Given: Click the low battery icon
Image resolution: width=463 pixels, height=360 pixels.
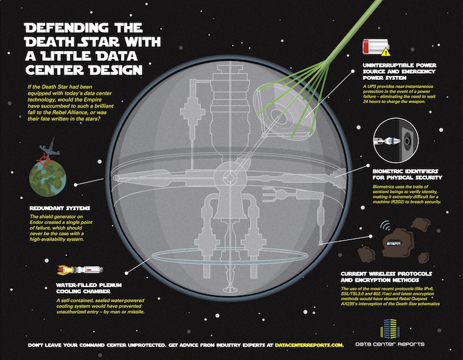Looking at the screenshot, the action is pos(375,46).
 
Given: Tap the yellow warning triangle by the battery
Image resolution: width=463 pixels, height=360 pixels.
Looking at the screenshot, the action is pos(385,52).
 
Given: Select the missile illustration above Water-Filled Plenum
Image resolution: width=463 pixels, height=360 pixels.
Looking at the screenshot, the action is pos(80,270).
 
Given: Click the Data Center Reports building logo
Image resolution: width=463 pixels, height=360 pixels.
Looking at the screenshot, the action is pos(389,328).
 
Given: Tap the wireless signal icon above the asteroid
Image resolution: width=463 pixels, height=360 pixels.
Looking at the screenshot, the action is pos(385,226).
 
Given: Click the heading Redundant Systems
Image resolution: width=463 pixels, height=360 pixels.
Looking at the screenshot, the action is pos(60,208).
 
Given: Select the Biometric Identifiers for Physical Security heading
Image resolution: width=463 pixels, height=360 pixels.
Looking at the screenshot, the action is pos(407,174).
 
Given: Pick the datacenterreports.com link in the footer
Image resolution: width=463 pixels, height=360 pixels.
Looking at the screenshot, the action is pos(309,345).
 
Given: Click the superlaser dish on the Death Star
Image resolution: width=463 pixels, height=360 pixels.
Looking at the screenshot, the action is pos(284,111).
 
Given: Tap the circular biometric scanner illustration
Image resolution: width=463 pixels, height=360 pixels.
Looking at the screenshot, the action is pos(396,140).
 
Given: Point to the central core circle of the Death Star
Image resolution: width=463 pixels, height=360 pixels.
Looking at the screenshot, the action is pos(230,177).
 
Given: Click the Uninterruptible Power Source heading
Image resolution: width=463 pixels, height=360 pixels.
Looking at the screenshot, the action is pos(399,71).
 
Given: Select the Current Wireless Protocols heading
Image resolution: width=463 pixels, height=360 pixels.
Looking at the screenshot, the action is pos(386,277).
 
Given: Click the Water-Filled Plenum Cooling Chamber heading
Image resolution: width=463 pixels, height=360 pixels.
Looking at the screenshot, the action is pos(89,288).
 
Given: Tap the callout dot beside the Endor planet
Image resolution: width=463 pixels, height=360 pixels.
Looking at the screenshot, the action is pos(76,185).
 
